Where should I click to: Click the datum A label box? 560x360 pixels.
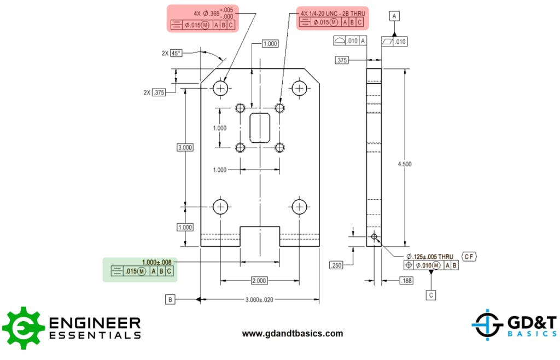[394, 17]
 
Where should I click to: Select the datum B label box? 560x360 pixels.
[171, 299]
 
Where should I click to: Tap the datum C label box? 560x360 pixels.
[431, 295]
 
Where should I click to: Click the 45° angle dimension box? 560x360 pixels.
[176, 53]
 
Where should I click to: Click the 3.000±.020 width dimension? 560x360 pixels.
[259, 300]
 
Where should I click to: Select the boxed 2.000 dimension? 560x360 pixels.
[259, 281]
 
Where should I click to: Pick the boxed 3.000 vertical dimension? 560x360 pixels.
[185, 148]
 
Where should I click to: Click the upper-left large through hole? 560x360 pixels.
[221, 88]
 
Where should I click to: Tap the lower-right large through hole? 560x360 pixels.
[299, 206]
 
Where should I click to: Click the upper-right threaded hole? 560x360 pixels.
[280, 107]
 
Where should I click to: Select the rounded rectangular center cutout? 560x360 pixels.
[260, 127]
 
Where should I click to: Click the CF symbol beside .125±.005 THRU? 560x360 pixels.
[469, 256]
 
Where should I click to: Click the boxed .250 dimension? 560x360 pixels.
[336, 265]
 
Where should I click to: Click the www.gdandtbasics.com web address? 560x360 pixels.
[293, 333]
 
